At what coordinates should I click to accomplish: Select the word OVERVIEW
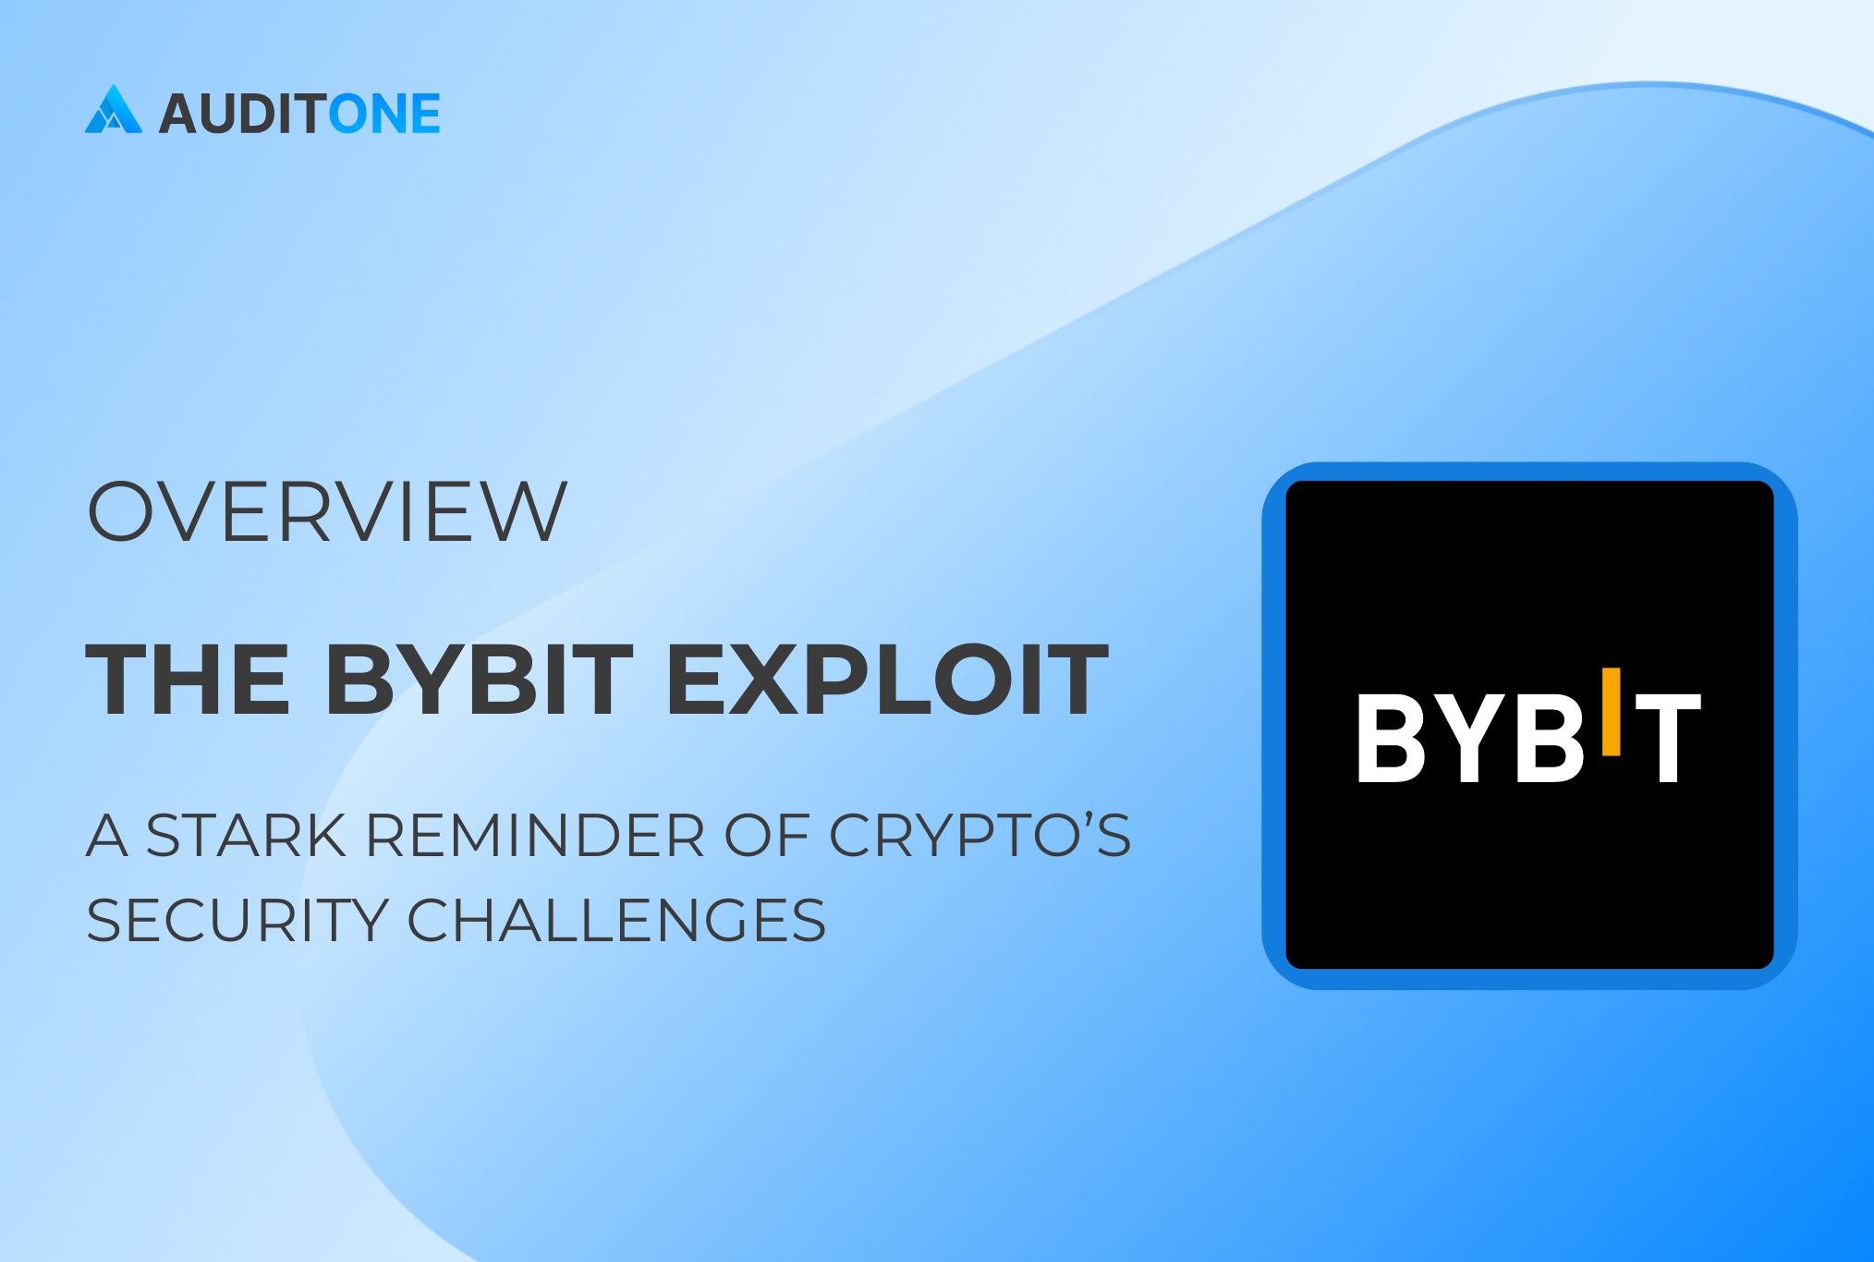click(327, 510)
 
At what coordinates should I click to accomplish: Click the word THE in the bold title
click(188, 680)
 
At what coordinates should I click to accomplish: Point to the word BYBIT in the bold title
click(480, 680)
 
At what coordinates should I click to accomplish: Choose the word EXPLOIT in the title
click(887, 680)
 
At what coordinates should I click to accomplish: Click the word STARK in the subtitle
click(246, 836)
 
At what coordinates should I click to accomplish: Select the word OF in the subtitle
click(767, 836)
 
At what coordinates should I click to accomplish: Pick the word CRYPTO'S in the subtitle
click(980, 836)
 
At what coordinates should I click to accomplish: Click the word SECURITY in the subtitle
click(237, 920)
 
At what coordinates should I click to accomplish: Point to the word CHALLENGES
click(617, 920)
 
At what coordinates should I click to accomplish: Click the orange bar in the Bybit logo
click(1612, 711)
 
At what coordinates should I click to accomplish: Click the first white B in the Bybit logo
click(1392, 738)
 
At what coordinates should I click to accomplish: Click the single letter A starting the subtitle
click(107, 836)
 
